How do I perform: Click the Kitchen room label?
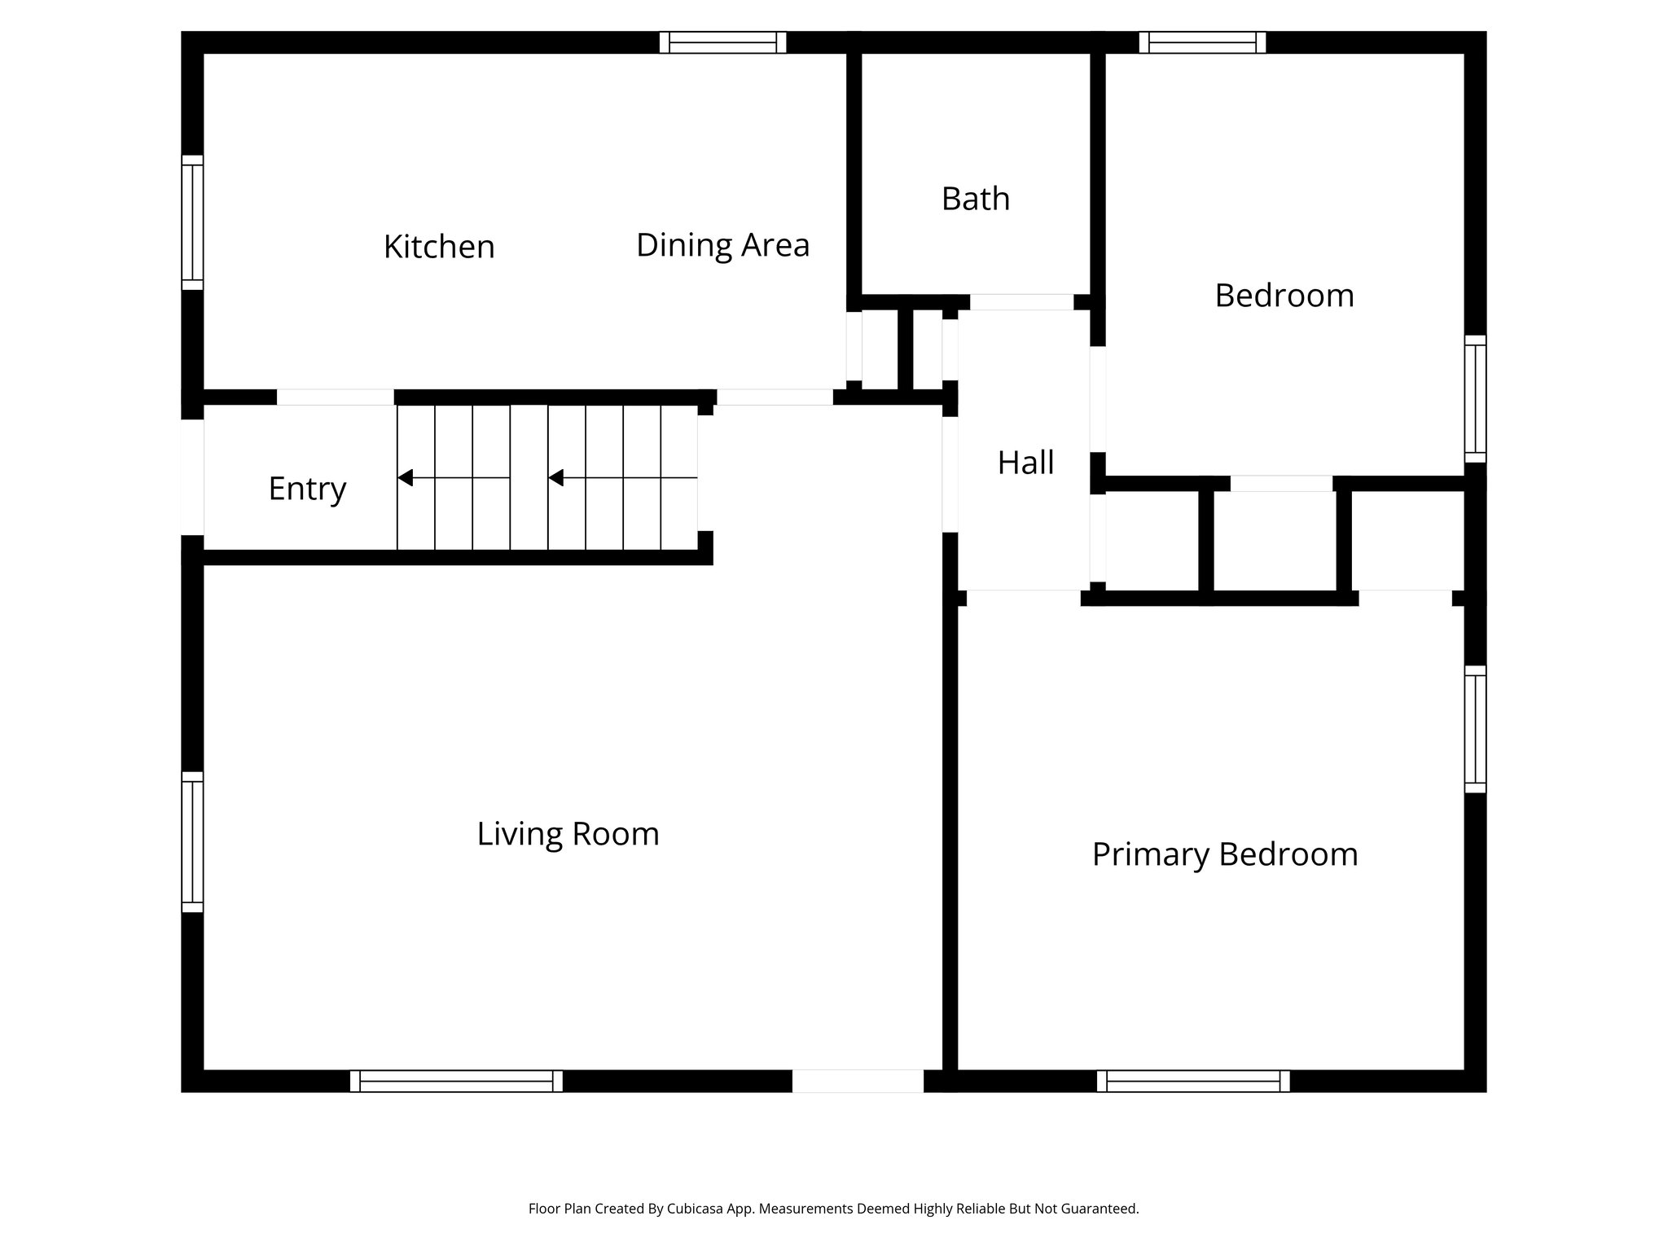tap(439, 247)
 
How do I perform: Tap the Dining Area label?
tap(722, 245)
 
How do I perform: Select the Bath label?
tap(975, 199)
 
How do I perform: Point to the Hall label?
tap(1025, 463)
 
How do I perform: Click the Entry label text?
tap(307, 489)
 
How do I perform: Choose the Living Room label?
tap(568, 834)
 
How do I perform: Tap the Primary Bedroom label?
tap(1224, 854)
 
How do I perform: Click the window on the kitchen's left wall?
tap(192, 222)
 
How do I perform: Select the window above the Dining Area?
tap(722, 42)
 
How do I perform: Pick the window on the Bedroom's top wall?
tap(1202, 42)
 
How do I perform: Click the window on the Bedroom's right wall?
tap(1475, 399)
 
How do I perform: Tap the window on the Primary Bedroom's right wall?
tap(1475, 729)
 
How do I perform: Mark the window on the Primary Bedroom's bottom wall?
tap(1193, 1081)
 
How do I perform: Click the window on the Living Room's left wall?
tap(192, 841)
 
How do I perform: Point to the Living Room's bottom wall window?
tap(456, 1081)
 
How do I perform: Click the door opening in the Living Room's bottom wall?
tap(858, 1081)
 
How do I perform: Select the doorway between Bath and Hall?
tap(1021, 302)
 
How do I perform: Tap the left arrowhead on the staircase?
tap(405, 477)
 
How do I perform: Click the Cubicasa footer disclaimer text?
tap(833, 1209)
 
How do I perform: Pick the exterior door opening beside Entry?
tap(192, 477)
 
